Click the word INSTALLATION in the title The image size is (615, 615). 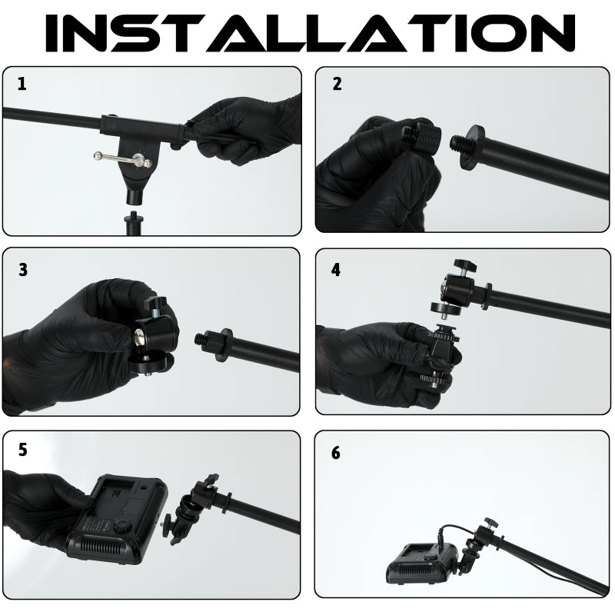click(310, 33)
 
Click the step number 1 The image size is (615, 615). click(22, 84)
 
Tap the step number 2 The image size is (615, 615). click(337, 84)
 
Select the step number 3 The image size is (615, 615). click(23, 270)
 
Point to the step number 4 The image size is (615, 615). click(336, 270)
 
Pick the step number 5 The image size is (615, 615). click(23, 450)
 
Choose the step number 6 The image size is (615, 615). click(336, 453)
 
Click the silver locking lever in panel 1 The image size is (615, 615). click(123, 158)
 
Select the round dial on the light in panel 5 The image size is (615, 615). click(123, 526)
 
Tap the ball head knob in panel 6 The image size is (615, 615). click(490, 522)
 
